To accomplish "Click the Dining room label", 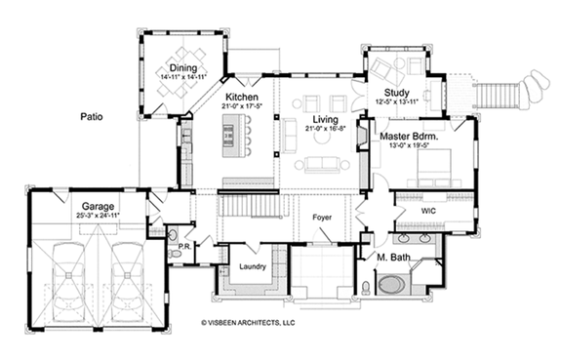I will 182,67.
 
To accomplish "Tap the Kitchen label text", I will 241,99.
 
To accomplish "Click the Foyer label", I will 323,218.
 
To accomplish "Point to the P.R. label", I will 181,248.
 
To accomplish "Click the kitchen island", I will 233,136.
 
